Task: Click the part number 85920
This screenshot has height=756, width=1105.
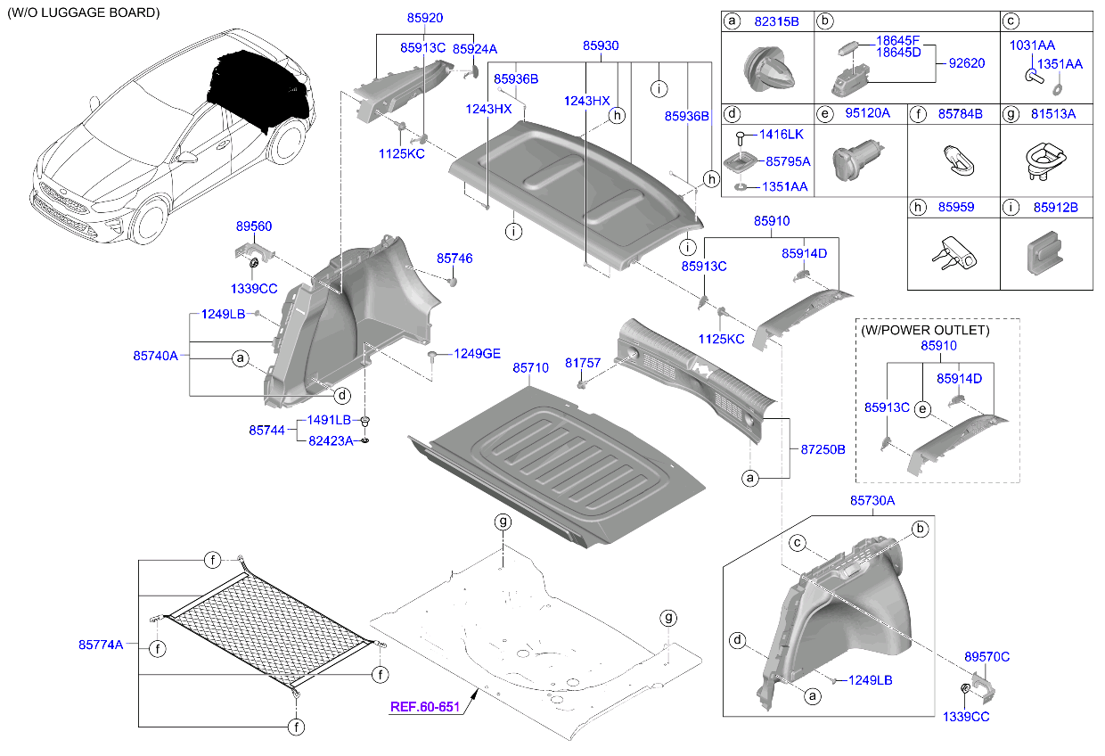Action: coord(424,18)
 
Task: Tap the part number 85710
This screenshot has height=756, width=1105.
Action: coord(531,367)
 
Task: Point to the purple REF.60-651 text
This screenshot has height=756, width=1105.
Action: coord(425,707)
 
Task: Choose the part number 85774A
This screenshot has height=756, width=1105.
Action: coord(101,645)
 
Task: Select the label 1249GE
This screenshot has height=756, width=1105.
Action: coord(478,353)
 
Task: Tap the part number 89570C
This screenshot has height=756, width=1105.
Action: coord(986,656)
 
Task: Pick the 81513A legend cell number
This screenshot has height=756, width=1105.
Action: coord(1052,113)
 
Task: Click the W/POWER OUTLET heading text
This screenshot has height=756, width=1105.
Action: coord(925,330)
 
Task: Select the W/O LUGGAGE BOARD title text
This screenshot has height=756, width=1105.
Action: coord(84,13)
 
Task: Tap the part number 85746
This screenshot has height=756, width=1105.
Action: coord(454,259)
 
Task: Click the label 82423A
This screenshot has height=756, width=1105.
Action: coord(331,440)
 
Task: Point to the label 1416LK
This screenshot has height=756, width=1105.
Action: coord(782,135)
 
